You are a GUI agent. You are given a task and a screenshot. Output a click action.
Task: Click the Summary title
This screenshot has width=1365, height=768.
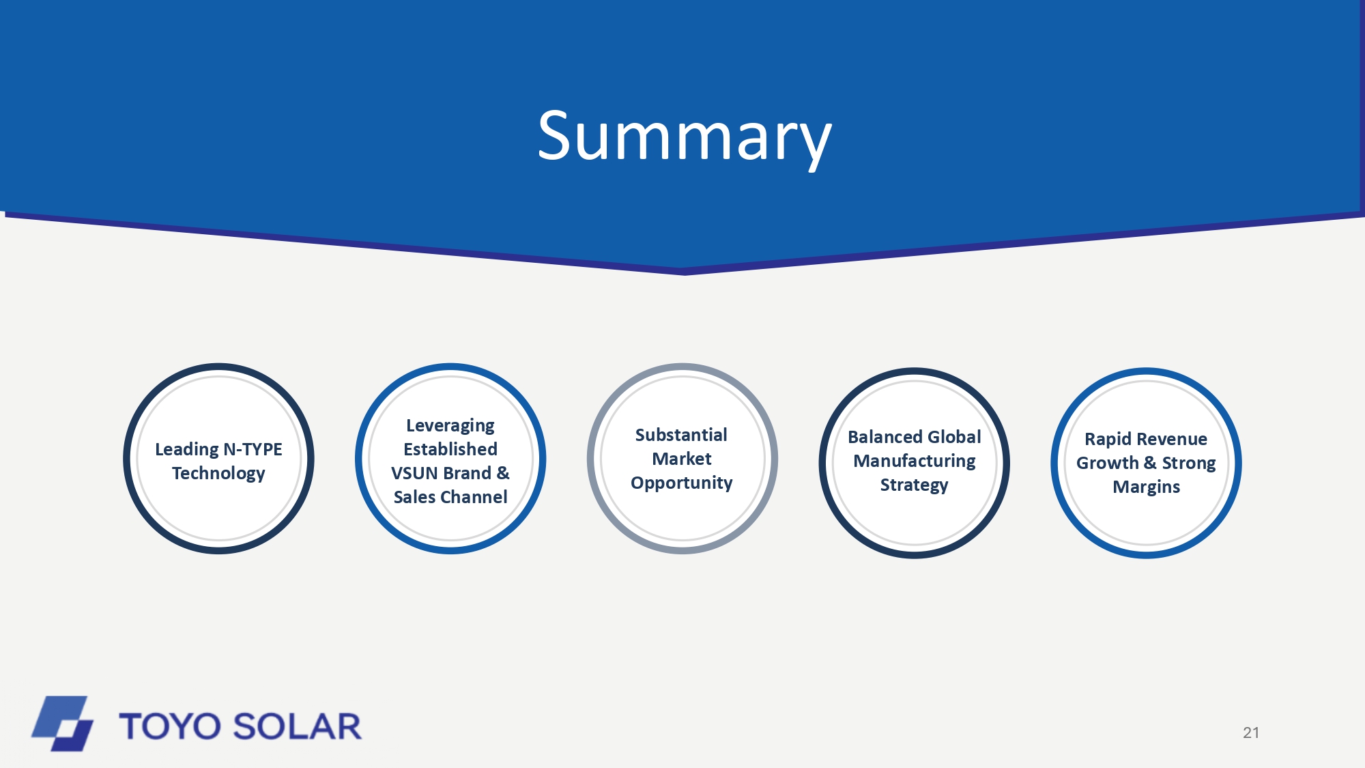(685, 139)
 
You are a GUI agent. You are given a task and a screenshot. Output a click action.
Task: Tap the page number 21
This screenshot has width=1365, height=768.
(1251, 733)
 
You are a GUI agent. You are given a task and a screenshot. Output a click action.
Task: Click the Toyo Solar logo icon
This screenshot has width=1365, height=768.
(62, 724)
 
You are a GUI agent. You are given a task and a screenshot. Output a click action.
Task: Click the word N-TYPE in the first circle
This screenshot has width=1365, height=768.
(253, 449)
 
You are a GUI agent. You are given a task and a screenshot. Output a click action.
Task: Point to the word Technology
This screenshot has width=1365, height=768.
(218, 474)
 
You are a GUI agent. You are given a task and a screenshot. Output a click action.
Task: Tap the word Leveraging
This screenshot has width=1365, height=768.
(450, 426)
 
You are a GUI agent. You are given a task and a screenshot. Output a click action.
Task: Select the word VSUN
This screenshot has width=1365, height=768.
(416, 473)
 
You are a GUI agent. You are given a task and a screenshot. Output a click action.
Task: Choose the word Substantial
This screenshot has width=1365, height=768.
(681, 435)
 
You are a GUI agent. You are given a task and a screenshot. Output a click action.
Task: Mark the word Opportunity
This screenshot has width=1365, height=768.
(682, 483)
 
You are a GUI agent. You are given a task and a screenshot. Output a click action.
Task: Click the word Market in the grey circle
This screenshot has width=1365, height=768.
(682, 459)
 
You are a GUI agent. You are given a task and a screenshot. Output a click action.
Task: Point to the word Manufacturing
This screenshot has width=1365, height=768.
(915, 461)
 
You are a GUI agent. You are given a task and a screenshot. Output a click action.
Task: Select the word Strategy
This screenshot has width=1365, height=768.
(915, 485)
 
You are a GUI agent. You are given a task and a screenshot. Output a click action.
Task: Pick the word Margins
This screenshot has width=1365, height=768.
(1147, 487)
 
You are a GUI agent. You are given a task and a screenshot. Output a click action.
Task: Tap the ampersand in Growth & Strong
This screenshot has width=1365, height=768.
(1150, 463)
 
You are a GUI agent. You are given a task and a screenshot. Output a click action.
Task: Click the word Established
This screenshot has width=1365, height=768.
(450, 449)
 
